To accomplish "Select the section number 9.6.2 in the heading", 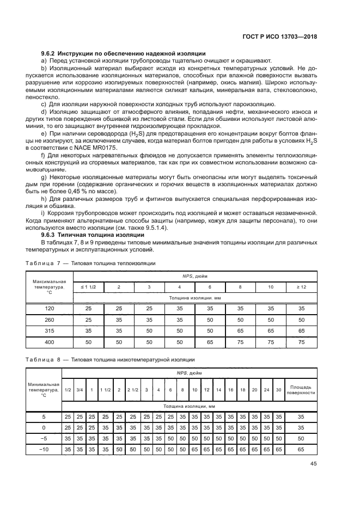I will (x=51, y=53).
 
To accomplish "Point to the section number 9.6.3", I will (x=51, y=235).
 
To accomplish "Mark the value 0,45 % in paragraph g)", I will (x=91, y=192).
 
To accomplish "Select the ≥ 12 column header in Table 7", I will (x=301, y=286).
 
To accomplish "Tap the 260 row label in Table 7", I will (x=49, y=320).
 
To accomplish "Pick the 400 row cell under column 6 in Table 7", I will (x=210, y=342).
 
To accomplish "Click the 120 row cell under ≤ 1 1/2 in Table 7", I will (x=89, y=308).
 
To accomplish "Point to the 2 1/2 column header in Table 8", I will (x=133, y=390).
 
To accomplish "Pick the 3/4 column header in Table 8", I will (x=80, y=390).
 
